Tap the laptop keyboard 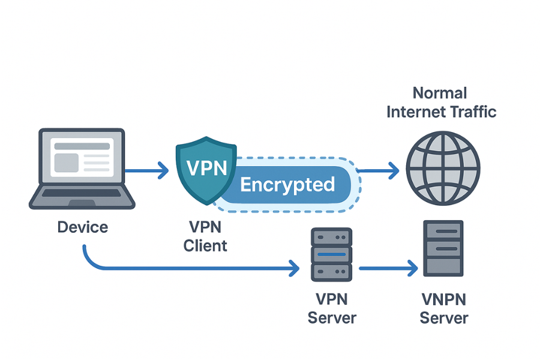pyautogui.click(x=82, y=194)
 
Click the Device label pyautogui.click(x=83, y=227)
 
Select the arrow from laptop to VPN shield pyautogui.click(x=148, y=172)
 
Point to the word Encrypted pyautogui.click(x=287, y=184)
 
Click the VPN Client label pyautogui.click(x=205, y=236)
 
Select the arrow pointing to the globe pyautogui.click(x=378, y=172)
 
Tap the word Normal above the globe pyautogui.click(x=440, y=93)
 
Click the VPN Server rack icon pyautogui.click(x=329, y=254)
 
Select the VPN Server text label pyautogui.click(x=332, y=308)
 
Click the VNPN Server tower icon pyautogui.click(x=443, y=248)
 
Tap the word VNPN pyautogui.click(x=443, y=299)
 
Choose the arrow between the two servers pyautogui.click(x=388, y=268)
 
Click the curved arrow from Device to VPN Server pyautogui.click(x=180, y=268)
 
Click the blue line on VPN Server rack pyautogui.click(x=329, y=254)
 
